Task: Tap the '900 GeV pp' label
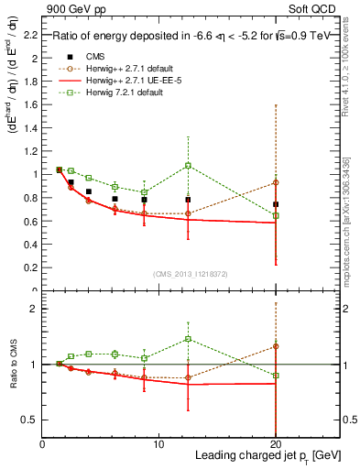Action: [x=75, y=8]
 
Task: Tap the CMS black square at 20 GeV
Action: [x=276, y=204]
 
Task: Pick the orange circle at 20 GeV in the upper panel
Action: [x=276, y=182]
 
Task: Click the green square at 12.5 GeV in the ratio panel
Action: [x=188, y=339]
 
